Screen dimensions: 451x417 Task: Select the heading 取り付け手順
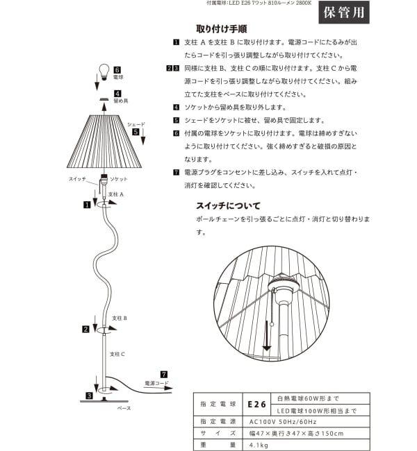(221, 29)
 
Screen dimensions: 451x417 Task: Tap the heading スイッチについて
(228, 205)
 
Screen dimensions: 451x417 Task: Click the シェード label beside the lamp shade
(136, 124)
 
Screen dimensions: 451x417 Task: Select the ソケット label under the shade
(118, 179)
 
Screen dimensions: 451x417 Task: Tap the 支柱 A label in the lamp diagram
(116, 194)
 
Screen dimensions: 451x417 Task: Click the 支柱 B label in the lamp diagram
(119, 316)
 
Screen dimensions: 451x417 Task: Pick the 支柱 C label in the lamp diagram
(117, 354)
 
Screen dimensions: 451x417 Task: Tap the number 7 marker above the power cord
(164, 373)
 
